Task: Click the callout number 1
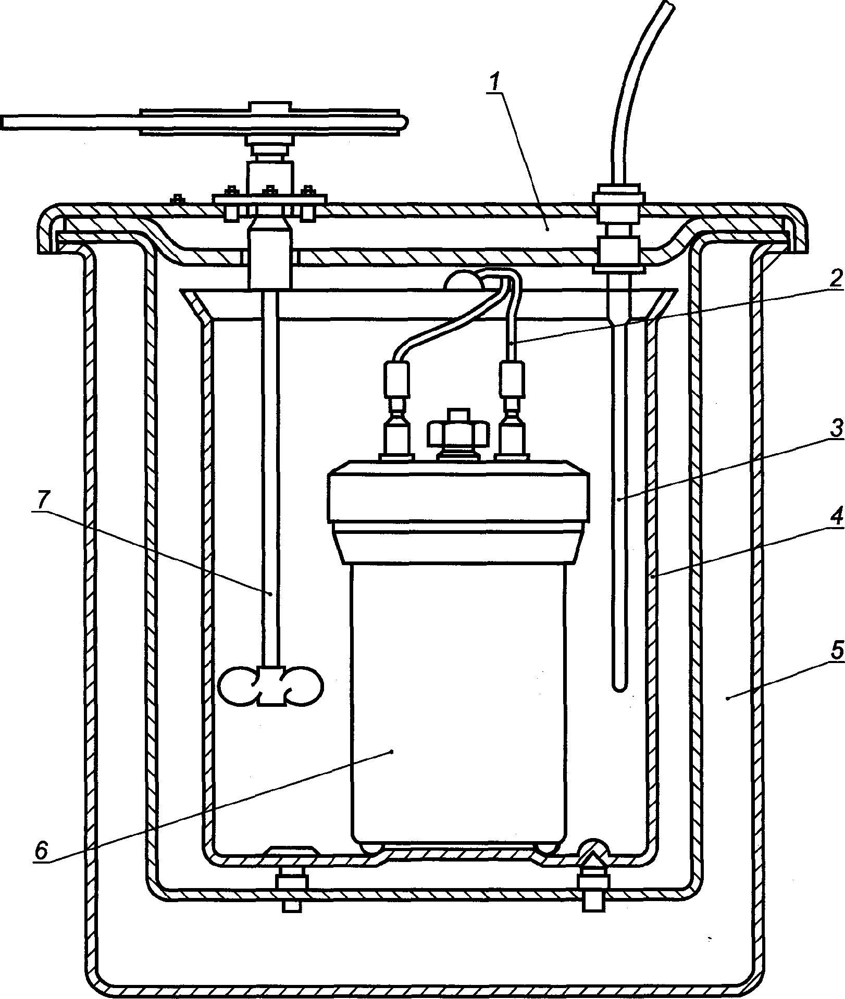click(496, 82)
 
